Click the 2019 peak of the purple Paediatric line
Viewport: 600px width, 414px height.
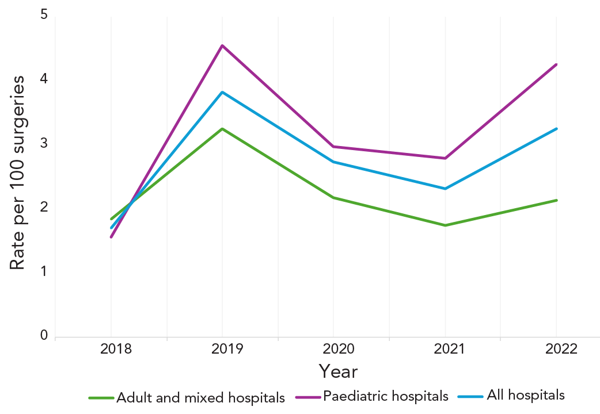tap(222, 45)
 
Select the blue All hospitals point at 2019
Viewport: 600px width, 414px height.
tap(222, 92)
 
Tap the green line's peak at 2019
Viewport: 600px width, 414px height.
tap(222, 129)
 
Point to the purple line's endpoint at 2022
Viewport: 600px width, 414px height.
tap(556, 64)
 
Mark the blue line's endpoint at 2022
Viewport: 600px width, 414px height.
tap(556, 129)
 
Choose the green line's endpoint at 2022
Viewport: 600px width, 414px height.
tap(556, 200)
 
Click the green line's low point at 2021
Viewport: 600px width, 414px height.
tap(445, 225)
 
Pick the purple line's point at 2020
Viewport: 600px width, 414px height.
tap(333, 147)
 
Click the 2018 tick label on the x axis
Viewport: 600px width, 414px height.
tap(111, 349)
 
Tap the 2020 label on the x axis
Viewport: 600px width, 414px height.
tap(333, 349)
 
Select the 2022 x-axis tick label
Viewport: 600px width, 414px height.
tap(556, 349)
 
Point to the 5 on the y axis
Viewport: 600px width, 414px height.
tap(44, 15)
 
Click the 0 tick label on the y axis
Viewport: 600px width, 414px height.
tap(44, 335)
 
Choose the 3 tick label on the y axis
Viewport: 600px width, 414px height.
tap(44, 143)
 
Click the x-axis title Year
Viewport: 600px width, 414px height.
tap(338, 371)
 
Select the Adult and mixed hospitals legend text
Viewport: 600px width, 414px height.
tap(200, 397)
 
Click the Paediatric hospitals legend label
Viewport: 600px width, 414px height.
tap(385, 396)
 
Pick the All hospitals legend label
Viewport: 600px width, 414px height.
tap(526, 395)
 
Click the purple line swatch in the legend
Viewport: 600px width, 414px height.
tap(307, 397)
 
